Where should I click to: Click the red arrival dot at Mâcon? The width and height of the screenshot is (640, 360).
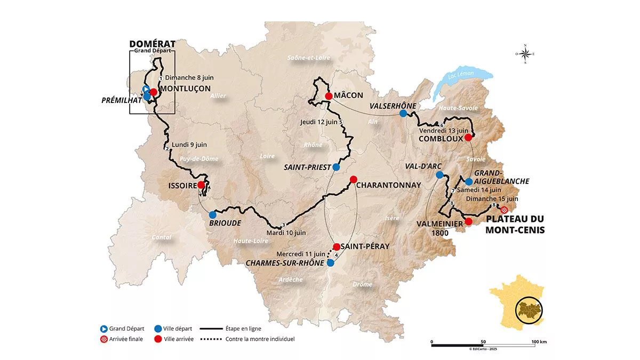329,96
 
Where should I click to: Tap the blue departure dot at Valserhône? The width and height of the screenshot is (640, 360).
403,114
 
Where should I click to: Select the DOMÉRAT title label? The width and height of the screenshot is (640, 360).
152,44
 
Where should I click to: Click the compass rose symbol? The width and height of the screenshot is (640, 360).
525,53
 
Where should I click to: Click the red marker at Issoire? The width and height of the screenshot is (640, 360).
201,185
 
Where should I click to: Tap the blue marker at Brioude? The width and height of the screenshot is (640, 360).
213,214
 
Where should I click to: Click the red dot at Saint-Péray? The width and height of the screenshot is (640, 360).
337,247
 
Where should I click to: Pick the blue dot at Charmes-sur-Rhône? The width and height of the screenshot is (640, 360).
331,263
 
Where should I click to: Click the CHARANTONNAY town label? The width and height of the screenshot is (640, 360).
389,185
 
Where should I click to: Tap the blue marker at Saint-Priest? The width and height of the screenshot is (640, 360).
336,167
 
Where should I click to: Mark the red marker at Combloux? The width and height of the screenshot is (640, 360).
468,138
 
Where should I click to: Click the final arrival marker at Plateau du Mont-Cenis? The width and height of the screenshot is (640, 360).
504,210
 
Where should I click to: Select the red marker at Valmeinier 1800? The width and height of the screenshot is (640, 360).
468,221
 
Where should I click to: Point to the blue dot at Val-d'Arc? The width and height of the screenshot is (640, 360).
439,175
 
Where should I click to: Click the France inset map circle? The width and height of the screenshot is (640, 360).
529,310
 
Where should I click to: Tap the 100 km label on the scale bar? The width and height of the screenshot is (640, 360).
539,342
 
